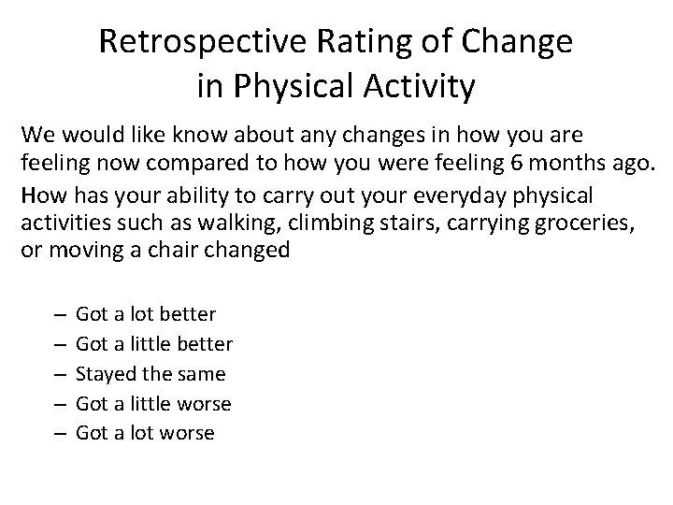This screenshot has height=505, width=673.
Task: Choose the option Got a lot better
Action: (x=145, y=313)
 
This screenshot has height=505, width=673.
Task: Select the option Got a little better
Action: (x=153, y=343)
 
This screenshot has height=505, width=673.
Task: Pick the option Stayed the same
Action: (x=150, y=373)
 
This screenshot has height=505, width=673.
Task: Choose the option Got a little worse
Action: (x=152, y=403)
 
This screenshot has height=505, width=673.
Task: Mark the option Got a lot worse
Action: (x=145, y=433)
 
